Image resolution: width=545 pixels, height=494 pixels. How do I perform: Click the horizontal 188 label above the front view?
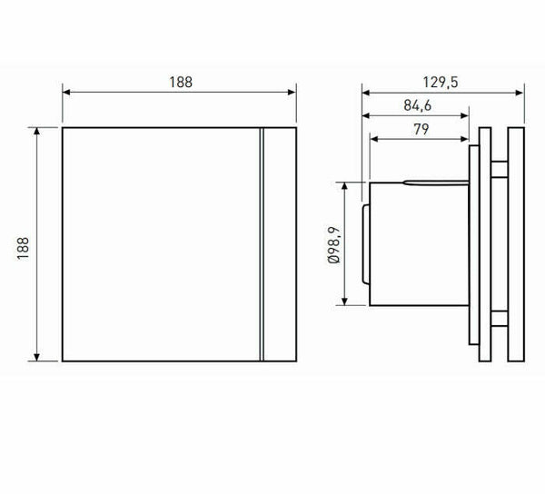click(x=180, y=81)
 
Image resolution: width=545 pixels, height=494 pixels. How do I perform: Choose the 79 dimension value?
click(x=421, y=129)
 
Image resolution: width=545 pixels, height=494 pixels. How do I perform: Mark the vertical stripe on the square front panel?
click(x=263, y=244)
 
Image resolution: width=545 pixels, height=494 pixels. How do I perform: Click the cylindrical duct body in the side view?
click(x=418, y=245)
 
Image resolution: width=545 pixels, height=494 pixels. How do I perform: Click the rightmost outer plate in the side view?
click(x=517, y=244)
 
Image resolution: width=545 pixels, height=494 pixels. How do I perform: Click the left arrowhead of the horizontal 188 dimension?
click(x=66, y=91)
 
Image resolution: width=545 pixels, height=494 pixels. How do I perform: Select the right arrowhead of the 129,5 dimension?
click(x=521, y=91)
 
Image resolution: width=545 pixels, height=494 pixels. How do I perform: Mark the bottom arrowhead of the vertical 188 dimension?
click(x=37, y=357)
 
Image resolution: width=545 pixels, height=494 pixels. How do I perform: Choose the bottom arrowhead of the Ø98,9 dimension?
click(x=346, y=302)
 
